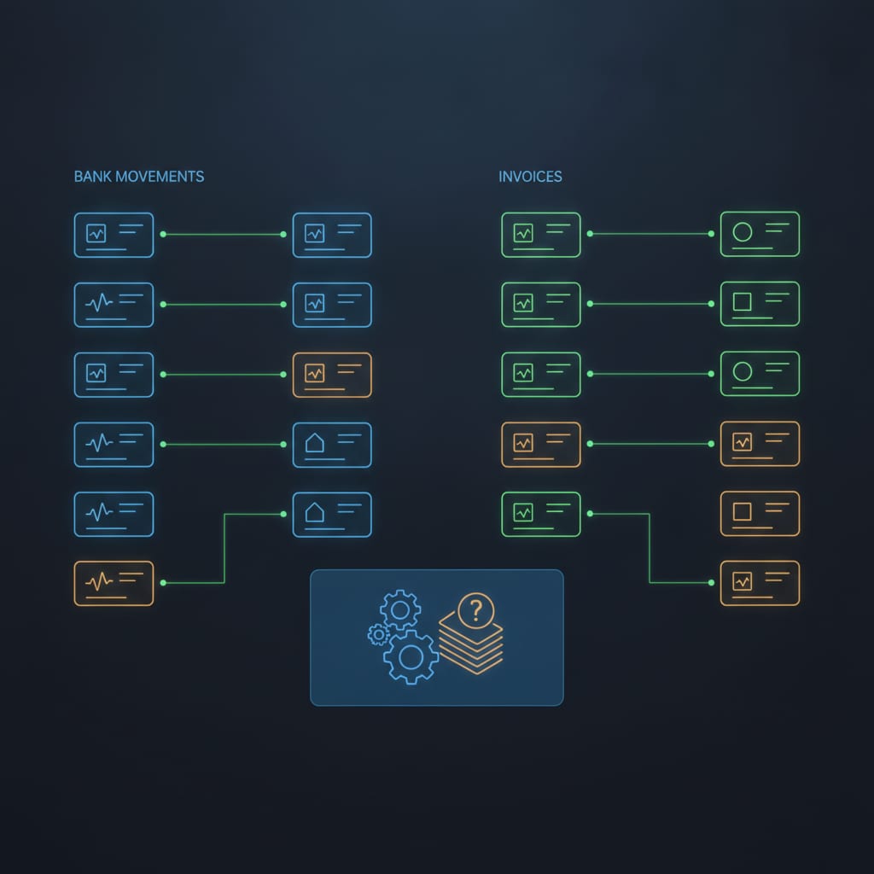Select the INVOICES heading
(x=530, y=177)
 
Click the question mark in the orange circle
(x=475, y=611)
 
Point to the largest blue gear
(x=411, y=657)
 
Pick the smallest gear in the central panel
(x=378, y=634)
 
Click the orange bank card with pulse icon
(x=114, y=583)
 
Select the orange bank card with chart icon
(x=332, y=375)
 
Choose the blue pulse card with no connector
(x=114, y=514)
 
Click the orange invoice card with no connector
(x=760, y=513)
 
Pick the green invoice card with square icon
(x=760, y=304)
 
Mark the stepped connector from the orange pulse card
(x=224, y=549)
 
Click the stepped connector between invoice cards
(x=650, y=548)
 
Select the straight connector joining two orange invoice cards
(x=650, y=444)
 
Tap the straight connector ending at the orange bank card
(x=223, y=375)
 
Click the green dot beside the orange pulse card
(x=163, y=583)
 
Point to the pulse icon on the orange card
(x=99, y=582)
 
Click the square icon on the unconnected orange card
(x=742, y=511)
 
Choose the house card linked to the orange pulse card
(x=332, y=515)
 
